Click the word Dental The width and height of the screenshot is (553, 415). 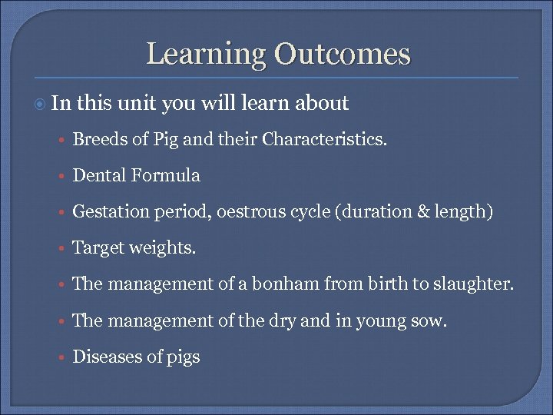[99, 175]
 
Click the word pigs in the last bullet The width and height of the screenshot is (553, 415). [182, 357]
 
